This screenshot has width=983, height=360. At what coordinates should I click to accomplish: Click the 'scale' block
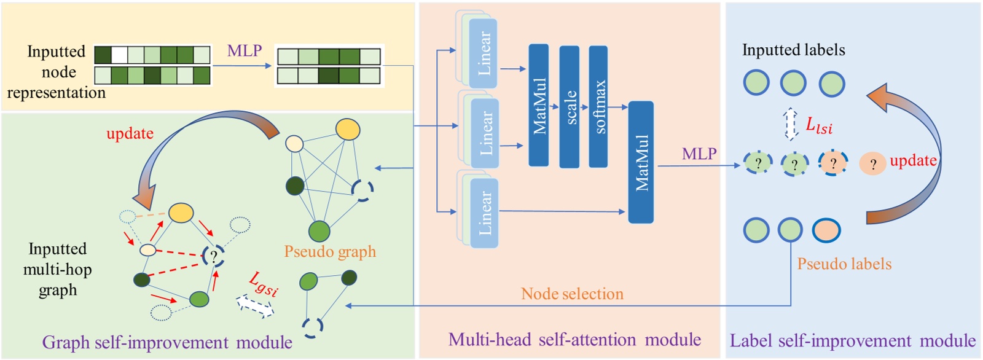[x=570, y=106]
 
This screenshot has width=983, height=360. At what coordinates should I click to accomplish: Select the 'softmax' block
[x=598, y=106]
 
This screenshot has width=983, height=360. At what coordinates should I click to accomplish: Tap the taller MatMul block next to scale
[x=539, y=105]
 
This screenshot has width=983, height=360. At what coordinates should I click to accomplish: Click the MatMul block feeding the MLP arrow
[x=641, y=162]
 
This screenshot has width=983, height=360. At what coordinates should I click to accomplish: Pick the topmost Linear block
[x=483, y=53]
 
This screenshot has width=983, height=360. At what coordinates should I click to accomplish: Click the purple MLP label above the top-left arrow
[x=245, y=50]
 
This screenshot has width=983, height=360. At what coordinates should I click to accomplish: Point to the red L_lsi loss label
[x=819, y=126]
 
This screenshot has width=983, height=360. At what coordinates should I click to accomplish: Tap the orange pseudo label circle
[x=826, y=230]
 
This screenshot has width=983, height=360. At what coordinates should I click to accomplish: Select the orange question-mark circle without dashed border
[x=872, y=164]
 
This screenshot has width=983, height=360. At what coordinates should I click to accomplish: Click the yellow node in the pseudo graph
[x=348, y=130]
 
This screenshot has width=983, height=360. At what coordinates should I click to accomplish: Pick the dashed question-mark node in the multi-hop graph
[x=213, y=256]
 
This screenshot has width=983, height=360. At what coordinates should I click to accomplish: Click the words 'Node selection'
[x=572, y=294]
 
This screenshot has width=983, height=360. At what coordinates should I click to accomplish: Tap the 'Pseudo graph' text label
[x=330, y=251]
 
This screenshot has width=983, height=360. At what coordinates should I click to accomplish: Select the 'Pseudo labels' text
[x=844, y=264]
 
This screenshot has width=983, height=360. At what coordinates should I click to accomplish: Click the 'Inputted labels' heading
[x=793, y=50]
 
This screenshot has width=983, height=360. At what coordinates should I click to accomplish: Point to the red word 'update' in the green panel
[x=130, y=133]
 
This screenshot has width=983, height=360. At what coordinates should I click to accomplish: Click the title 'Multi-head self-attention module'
[x=574, y=340]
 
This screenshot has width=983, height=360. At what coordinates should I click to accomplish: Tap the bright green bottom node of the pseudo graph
[x=319, y=232]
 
